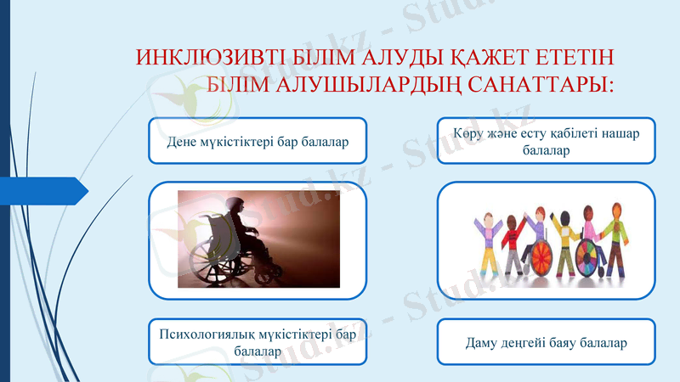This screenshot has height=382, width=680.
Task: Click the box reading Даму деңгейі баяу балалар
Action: point(547,343)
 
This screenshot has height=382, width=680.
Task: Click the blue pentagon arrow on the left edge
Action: point(42,190)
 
